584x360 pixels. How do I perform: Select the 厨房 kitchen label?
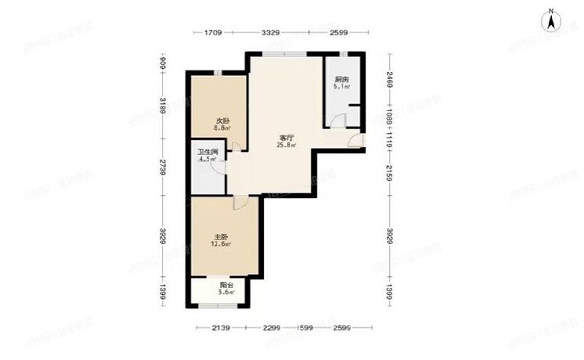click(341, 80)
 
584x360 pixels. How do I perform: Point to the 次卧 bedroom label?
click(222, 121)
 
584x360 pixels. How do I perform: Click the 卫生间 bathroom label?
click(207, 152)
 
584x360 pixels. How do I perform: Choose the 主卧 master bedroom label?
click(221, 236)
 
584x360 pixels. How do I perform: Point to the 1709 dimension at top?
click(214, 33)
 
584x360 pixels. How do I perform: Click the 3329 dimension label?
click(271, 33)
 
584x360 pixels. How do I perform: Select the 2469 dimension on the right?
click(389, 79)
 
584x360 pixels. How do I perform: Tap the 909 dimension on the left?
click(162, 63)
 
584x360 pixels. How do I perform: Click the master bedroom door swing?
click(240, 201)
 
